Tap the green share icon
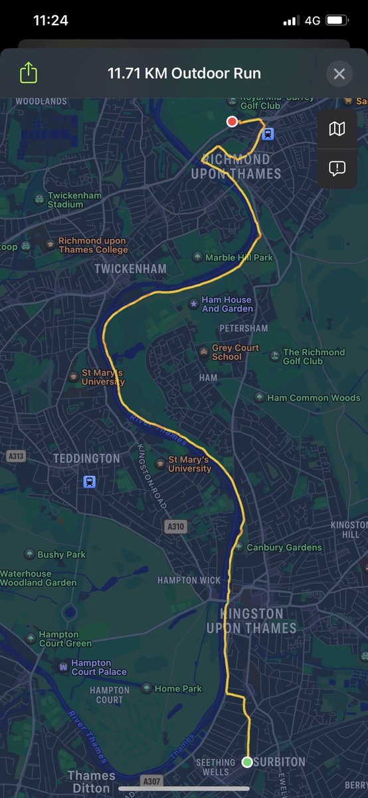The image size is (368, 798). click(29, 72)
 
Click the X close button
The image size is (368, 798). click(339, 73)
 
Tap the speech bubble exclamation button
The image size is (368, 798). click(337, 168)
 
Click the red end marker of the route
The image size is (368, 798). click(232, 121)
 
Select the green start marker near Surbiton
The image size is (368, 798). click(247, 761)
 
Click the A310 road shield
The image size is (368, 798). click(175, 527)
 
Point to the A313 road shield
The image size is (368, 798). click(15, 456)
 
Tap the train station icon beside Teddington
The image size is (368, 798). click(89, 481)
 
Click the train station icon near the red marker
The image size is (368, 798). click(268, 133)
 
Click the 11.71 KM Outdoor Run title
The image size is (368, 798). click(184, 73)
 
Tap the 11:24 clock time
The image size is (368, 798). click(50, 21)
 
